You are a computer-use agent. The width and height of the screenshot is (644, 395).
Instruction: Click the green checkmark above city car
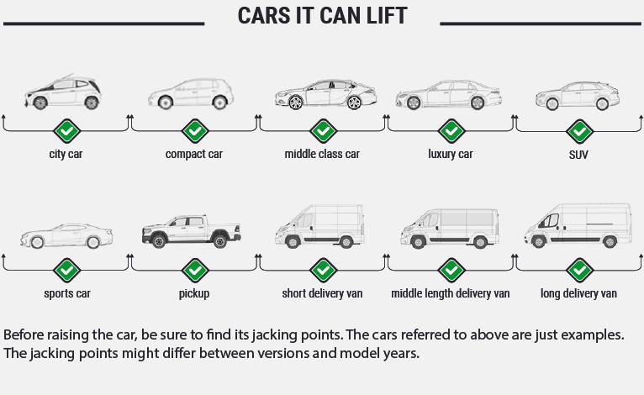[66, 131]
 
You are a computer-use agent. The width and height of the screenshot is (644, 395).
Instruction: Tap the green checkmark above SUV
[578, 131]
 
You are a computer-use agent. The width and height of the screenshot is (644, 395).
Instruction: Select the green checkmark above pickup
[194, 271]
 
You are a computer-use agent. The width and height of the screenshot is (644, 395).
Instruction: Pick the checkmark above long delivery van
[578, 271]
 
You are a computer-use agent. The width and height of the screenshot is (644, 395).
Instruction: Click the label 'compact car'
[194, 155]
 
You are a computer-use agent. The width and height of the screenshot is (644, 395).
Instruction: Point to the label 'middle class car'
[322, 155]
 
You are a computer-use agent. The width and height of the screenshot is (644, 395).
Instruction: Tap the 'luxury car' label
[451, 155]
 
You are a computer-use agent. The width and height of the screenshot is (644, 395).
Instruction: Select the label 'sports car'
[67, 294]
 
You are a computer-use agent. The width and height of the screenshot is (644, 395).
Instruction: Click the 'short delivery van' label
[322, 294]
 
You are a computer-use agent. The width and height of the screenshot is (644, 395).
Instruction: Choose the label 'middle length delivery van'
[451, 294]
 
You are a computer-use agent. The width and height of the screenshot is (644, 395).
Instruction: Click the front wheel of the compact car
[165, 103]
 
